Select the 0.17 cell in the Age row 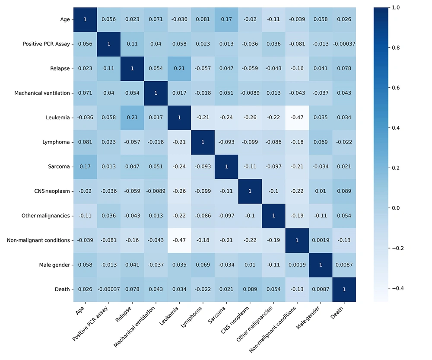pos(226,19)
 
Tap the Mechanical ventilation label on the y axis pos(42,93)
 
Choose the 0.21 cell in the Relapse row pos(179,68)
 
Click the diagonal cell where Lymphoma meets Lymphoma pos(203,142)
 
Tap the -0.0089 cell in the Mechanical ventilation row pos(250,93)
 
